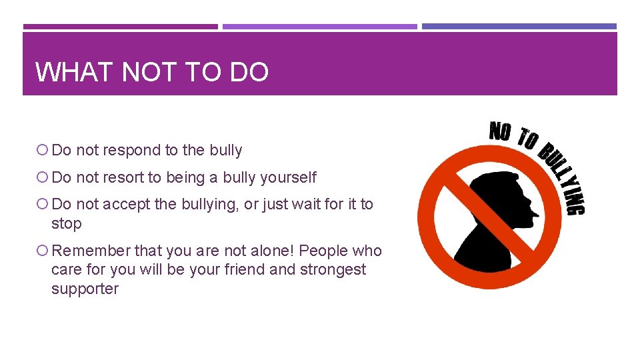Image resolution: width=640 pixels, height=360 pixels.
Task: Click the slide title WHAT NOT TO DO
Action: click(152, 71)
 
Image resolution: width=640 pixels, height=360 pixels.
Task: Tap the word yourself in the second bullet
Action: click(289, 178)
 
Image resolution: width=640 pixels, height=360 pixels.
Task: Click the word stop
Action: click(66, 224)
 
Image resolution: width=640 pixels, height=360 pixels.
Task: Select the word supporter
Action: click(85, 289)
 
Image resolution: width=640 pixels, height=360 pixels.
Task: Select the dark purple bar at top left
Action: click(120, 27)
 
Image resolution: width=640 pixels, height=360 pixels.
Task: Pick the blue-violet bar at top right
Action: click(519, 27)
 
